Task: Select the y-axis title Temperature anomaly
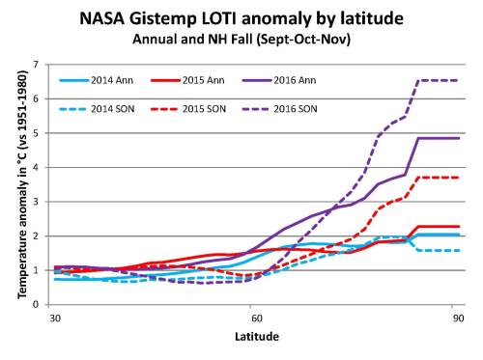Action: [19, 184]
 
